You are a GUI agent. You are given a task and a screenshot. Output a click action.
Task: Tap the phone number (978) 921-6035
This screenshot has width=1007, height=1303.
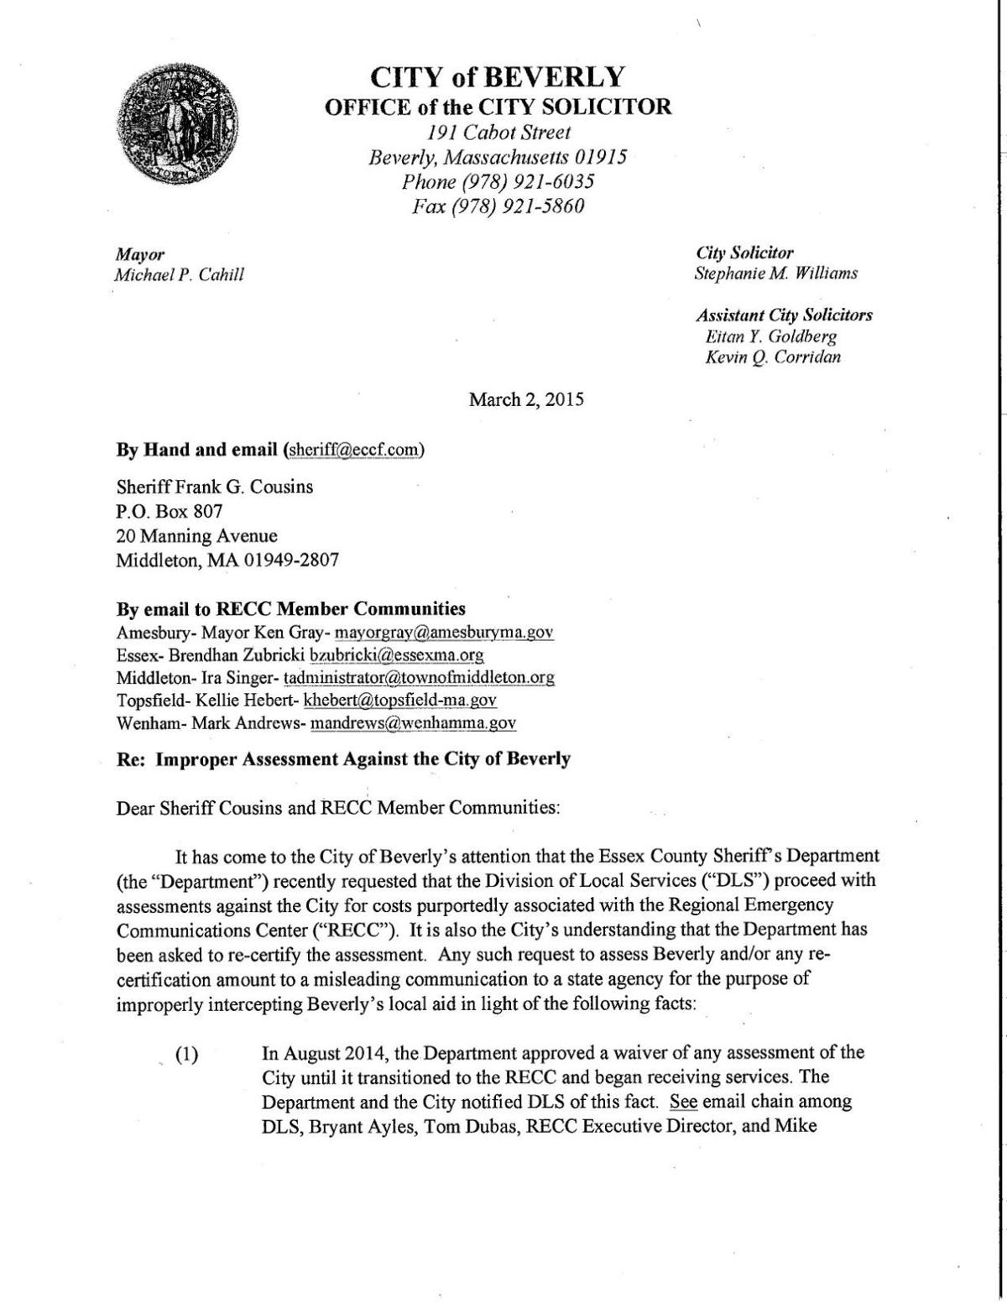(498, 181)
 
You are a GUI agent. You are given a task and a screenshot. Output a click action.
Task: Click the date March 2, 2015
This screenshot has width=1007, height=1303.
(526, 399)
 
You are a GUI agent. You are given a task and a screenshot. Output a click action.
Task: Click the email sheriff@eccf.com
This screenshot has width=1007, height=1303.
(353, 450)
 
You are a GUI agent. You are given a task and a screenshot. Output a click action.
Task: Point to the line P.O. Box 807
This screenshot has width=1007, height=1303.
(169, 511)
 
